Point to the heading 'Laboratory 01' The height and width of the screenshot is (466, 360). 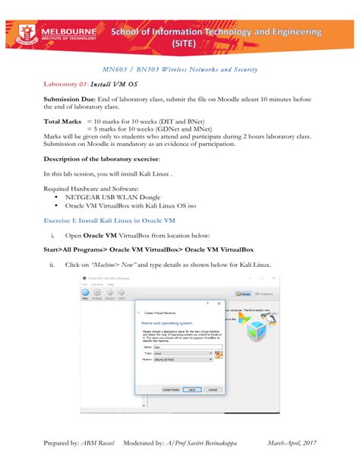(67, 84)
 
